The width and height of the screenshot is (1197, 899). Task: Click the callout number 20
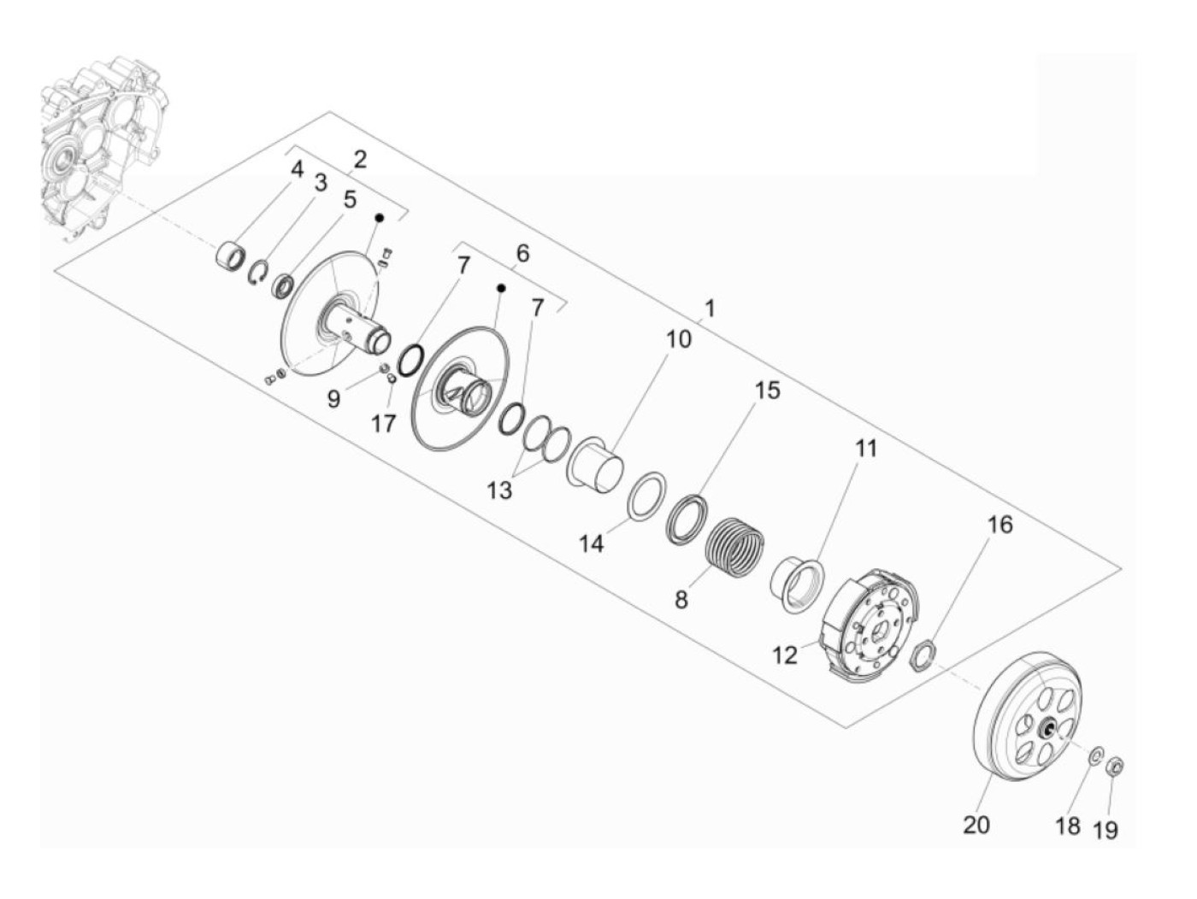[976, 825]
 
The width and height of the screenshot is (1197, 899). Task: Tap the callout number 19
[1106, 831]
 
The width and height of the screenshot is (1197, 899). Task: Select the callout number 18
[1068, 826]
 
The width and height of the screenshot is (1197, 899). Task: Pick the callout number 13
[499, 491]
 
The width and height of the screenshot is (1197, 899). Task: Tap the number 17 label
[383, 423]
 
